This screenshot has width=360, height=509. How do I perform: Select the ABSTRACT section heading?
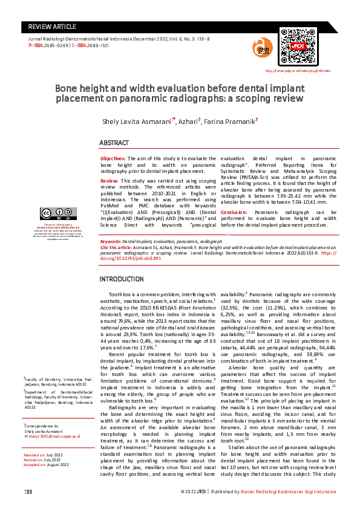115,143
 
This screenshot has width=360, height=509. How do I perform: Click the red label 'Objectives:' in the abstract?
113,158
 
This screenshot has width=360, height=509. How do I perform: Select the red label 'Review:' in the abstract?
110,181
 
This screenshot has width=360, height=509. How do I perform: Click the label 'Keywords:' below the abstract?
111,241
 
